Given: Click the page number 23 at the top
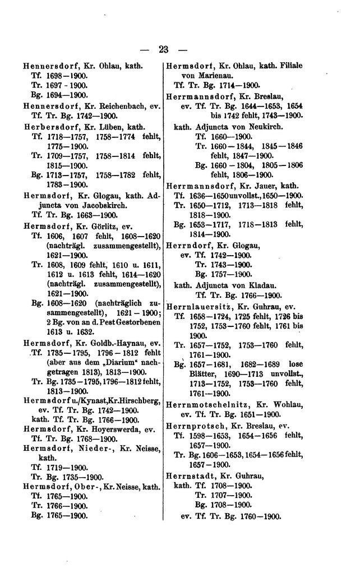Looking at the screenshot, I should [x=164, y=49].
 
